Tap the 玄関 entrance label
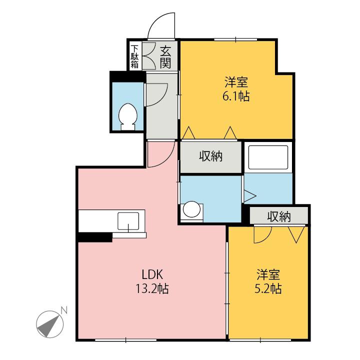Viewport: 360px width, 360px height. point(166,56)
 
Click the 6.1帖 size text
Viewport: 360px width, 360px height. point(236,96)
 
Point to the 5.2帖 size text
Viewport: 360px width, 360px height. point(268,288)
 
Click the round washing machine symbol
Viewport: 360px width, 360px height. point(190,210)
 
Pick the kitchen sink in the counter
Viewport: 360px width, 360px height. point(129,220)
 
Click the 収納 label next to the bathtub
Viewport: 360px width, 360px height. point(211,156)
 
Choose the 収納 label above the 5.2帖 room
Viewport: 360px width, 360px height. point(278,216)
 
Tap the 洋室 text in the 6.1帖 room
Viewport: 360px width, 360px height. point(236,81)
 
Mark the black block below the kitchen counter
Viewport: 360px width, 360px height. point(94,237)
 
